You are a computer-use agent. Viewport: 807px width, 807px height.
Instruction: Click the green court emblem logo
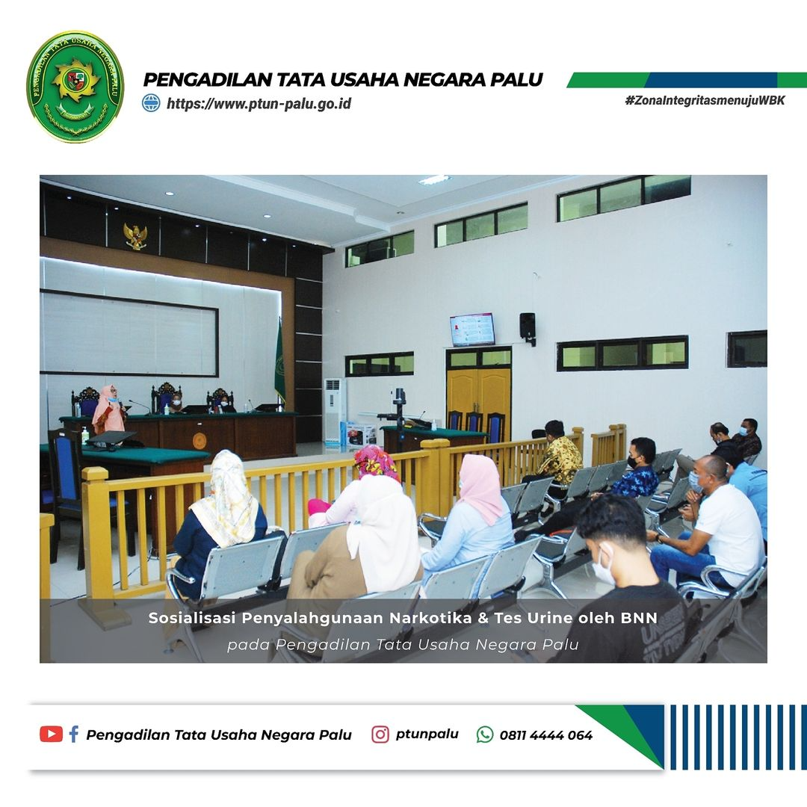pos(75,86)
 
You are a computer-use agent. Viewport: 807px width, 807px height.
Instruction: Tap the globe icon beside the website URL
pos(151,103)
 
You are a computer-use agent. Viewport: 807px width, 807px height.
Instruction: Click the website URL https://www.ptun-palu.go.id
pos(259,103)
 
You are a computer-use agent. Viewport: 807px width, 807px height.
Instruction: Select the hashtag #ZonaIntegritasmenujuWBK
pos(705,100)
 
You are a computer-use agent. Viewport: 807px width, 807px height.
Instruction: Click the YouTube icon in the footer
pos(51,734)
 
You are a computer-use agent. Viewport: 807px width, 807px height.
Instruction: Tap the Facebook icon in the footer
pos(73,734)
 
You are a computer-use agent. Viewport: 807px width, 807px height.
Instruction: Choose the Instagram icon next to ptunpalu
pos(380,735)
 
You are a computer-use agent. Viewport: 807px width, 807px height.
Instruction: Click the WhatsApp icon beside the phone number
pos(485,735)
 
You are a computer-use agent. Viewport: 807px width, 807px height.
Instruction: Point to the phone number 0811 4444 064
pos(546,735)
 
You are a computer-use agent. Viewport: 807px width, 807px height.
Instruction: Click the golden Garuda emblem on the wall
pos(135,236)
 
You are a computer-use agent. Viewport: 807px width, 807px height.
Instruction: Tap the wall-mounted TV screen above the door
pos(472,330)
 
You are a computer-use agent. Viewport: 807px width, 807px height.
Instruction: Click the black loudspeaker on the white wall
pos(528,327)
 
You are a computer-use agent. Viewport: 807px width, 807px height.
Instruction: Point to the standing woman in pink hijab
pos(110,411)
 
